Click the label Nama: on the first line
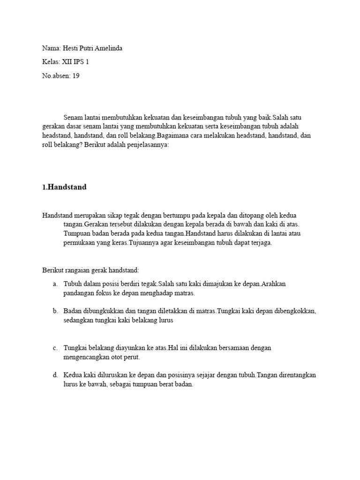pyautogui.click(x=51, y=49)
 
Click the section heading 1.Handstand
pyautogui.click(x=64, y=187)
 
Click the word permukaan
pyautogui.click(x=81, y=243)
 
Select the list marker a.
pyautogui.click(x=55, y=284)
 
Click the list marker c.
pyautogui.click(x=55, y=348)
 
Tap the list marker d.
pyautogui.click(x=55, y=375)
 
